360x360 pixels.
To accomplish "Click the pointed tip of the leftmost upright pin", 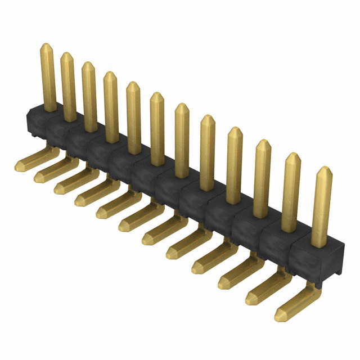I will tap(47, 46).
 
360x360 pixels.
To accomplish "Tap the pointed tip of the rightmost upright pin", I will tap(322, 170).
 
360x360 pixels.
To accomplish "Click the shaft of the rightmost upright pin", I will tap(322, 214).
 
